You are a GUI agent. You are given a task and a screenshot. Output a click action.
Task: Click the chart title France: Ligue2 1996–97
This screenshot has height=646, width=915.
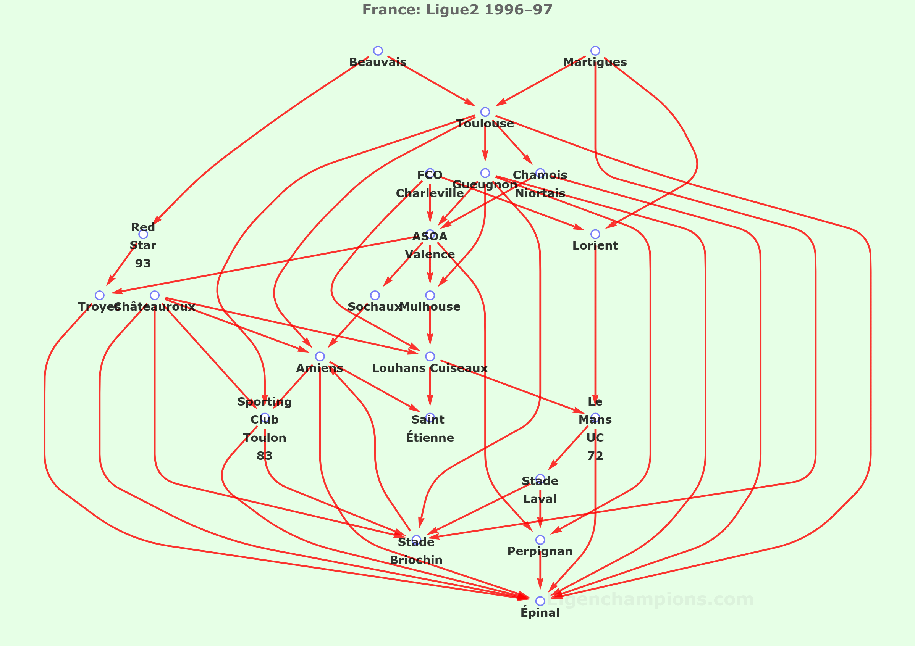click(457, 10)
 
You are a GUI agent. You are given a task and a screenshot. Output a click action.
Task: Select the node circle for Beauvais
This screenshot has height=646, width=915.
click(378, 51)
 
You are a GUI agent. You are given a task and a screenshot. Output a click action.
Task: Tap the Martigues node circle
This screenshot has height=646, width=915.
click(595, 51)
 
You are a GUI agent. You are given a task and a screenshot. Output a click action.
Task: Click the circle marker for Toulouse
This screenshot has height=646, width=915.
click(485, 112)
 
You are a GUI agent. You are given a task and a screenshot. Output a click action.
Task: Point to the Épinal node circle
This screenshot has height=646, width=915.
click(540, 601)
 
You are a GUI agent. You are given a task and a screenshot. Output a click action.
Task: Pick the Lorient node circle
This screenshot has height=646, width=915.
click(595, 234)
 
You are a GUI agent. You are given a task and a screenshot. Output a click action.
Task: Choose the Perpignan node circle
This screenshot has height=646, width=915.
click(540, 540)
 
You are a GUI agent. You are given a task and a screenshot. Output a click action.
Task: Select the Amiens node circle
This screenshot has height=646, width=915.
click(320, 356)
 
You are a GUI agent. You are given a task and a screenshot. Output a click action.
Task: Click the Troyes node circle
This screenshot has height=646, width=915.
click(100, 295)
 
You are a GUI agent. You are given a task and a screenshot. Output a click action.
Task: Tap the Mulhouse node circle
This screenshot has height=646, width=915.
click(430, 295)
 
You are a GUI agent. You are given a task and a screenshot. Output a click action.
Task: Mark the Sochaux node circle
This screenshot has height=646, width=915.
click(375, 295)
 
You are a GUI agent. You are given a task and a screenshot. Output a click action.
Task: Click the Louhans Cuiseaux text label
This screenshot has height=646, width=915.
click(430, 368)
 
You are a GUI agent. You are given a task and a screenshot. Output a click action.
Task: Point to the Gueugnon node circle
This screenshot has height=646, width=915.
click(485, 173)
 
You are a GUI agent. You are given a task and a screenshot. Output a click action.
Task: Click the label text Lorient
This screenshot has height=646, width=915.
click(595, 246)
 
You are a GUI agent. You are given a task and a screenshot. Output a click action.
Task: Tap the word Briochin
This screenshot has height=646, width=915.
click(416, 560)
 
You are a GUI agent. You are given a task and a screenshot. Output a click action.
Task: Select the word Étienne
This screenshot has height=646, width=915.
click(430, 438)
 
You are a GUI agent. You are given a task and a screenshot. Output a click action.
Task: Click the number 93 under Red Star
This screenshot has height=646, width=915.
click(143, 264)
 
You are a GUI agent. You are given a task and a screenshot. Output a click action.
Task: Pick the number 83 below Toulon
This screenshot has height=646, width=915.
click(265, 456)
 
